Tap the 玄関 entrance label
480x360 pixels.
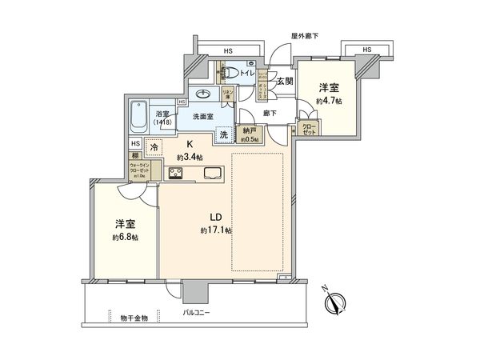click(285, 81)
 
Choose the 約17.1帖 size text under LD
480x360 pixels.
click(216, 230)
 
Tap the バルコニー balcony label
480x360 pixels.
click(196, 313)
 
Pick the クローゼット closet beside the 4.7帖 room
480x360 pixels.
click(308, 129)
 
